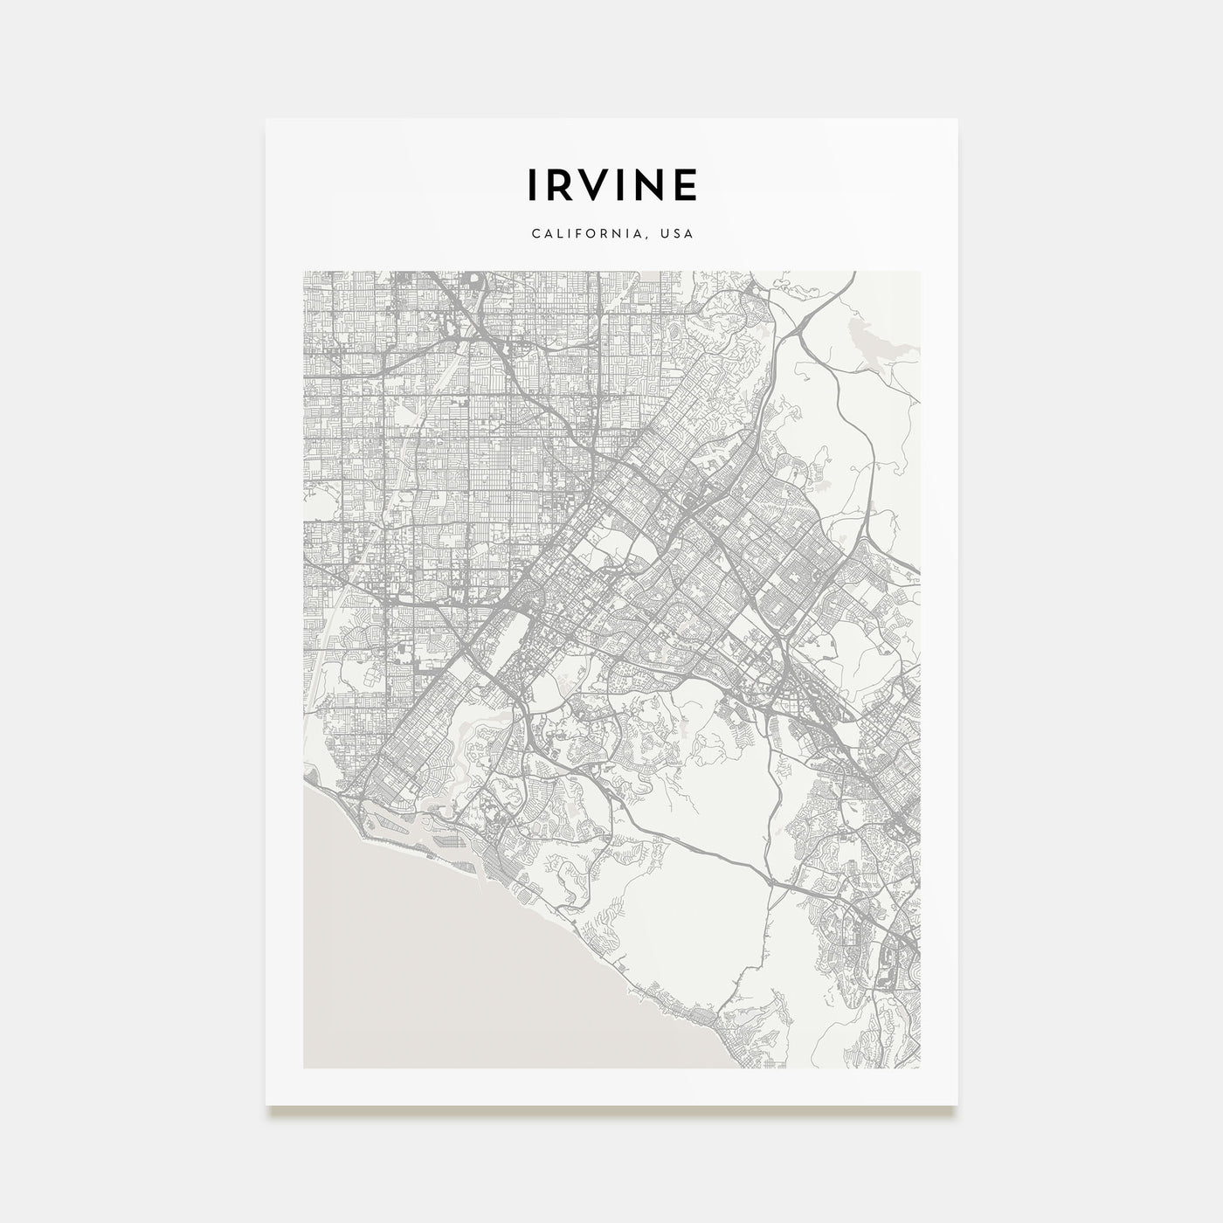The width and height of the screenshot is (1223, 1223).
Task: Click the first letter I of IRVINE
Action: [x=531, y=184]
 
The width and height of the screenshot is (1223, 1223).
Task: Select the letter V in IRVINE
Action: [x=598, y=184]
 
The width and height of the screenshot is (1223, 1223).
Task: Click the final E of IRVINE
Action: [x=688, y=184]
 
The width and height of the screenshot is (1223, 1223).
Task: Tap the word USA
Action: [x=678, y=234]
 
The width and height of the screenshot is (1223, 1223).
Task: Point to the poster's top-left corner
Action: [x=266, y=119]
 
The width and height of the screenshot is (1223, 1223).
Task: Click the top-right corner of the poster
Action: [x=957, y=119]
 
